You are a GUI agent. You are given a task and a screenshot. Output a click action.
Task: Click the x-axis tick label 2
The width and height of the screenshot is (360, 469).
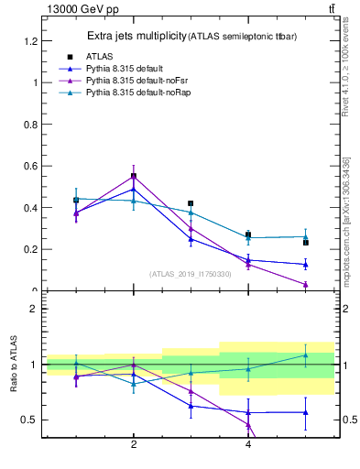click(x=134, y=445)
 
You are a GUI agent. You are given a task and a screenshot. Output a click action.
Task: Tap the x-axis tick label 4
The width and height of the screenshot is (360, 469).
click(x=248, y=445)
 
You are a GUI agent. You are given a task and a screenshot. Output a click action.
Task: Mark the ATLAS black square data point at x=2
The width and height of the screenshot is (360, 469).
click(x=134, y=176)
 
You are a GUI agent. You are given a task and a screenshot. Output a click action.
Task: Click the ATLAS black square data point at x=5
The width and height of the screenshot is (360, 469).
click(x=306, y=243)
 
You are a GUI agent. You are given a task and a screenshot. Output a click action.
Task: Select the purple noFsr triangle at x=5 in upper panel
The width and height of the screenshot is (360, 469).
click(x=306, y=285)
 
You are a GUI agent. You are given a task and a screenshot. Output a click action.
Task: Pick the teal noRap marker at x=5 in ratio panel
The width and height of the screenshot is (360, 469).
click(x=306, y=355)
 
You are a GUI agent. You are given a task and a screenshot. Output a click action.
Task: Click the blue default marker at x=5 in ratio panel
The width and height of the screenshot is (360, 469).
click(x=306, y=412)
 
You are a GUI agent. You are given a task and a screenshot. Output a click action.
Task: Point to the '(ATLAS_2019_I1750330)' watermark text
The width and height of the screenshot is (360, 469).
click(x=191, y=274)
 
